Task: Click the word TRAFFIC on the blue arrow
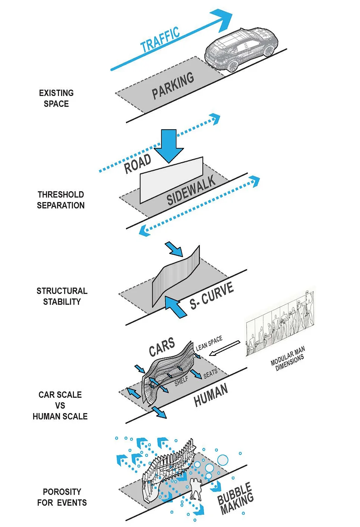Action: (x=160, y=40)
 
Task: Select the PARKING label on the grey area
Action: (x=173, y=86)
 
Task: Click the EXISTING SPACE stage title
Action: (x=56, y=98)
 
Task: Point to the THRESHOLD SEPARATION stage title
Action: (x=60, y=200)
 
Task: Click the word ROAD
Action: (x=137, y=164)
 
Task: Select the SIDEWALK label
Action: (x=191, y=190)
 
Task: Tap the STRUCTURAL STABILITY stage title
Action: (x=62, y=296)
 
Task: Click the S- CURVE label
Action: (x=211, y=295)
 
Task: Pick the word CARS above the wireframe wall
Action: (x=162, y=347)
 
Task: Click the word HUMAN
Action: (x=211, y=395)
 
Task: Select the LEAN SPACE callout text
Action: (x=209, y=343)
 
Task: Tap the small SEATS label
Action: (x=210, y=373)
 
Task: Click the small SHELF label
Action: (x=181, y=381)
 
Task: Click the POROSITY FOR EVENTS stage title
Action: (x=62, y=497)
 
